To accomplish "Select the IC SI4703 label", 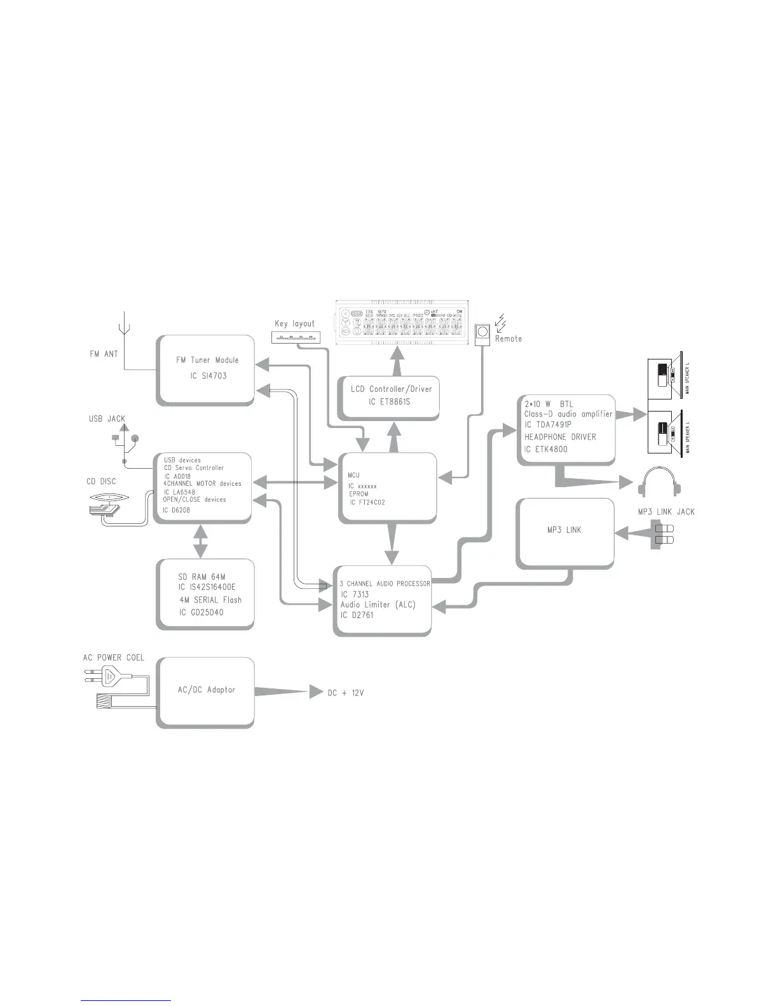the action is point(208,376).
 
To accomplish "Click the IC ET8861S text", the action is point(389,401).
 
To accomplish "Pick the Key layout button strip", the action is point(296,337).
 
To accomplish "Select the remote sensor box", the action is point(483,332).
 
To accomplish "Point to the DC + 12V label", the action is point(346,693).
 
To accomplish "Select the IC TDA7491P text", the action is point(549,425).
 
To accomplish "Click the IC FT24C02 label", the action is point(367,502).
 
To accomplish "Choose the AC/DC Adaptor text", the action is point(207,690).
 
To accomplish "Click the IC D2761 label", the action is point(357,615).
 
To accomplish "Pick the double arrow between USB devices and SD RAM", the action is point(200,540).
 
